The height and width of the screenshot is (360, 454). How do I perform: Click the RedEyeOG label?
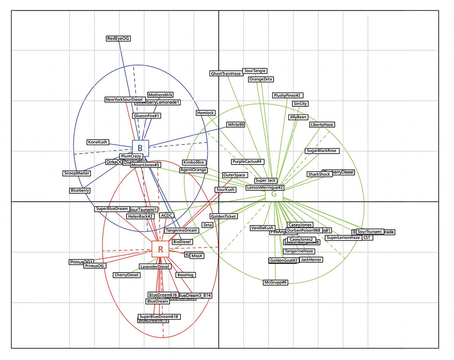pyautogui.click(x=118, y=38)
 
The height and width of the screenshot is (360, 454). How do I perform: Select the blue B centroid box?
pyautogui.click(x=140, y=148)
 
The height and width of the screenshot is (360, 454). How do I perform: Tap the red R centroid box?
pyautogui.click(x=160, y=249)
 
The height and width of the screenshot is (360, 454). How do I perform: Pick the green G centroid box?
pyautogui.click(x=274, y=195)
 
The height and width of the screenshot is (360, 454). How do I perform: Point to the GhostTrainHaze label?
pyautogui.click(x=226, y=73)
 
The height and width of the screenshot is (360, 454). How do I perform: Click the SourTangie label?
pyautogui.click(x=255, y=71)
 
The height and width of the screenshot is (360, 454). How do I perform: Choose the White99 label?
pyautogui.click(x=236, y=124)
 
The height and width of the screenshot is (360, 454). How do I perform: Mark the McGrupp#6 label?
pyautogui.click(x=276, y=282)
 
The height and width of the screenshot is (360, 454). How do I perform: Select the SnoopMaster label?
pyautogui.click(x=77, y=173)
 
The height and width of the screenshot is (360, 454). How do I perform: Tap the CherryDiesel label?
pyautogui.click(x=127, y=275)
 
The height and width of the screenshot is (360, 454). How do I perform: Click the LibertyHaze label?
pyautogui.click(x=322, y=124)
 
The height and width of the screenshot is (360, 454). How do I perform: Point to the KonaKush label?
pyautogui.click(x=98, y=142)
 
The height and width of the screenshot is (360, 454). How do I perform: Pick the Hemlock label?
pyautogui.click(x=206, y=113)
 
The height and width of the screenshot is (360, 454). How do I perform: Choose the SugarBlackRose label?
pyautogui.click(x=321, y=151)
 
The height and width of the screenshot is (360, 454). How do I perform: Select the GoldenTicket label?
pyautogui.click(x=224, y=216)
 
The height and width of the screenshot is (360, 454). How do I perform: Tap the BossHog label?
pyautogui.click(x=185, y=275)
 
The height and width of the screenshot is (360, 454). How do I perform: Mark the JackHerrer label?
pyautogui.click(x=311, y=260)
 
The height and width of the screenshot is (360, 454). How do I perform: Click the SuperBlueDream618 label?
pyautogui.click(x=159, y=317)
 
